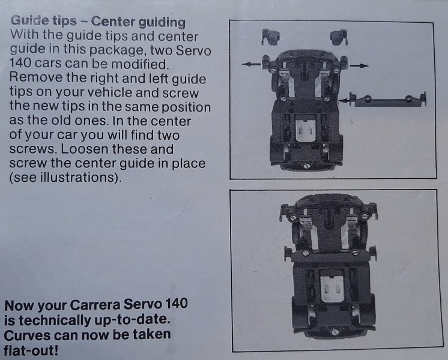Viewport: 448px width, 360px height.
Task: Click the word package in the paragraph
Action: (x=118, y=50)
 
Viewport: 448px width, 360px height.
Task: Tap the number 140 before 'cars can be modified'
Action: (x=20, y=64)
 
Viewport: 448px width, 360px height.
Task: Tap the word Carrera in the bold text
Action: (x=95, y=305)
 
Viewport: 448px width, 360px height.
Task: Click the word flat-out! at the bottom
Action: (x=31, y=350)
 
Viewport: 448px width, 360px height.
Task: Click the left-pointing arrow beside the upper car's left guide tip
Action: (x=251, y=64)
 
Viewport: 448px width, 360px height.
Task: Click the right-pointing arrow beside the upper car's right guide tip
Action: (x=359, y=66)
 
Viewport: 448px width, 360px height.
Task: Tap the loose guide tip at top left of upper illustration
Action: (x=270, y=37)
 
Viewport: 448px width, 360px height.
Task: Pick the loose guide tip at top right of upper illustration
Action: (x=339, y=37)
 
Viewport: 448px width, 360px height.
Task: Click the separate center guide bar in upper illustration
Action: (x=388, y=100)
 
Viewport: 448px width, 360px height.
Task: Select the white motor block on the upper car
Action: (x=306, y=130)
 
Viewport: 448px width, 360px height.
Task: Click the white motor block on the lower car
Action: (x=332, y=289)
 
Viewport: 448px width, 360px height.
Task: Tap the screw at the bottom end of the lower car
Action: (x=336, y=331)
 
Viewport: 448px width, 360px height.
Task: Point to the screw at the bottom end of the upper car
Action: (x=306, y=166)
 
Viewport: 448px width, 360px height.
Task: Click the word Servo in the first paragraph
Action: (x=193, y=50)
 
